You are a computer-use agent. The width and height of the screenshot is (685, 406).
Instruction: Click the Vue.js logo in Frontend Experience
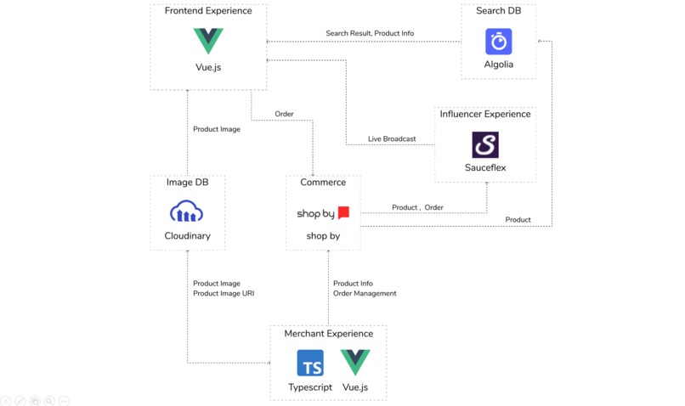208,40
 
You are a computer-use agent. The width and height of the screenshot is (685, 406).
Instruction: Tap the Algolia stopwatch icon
498,41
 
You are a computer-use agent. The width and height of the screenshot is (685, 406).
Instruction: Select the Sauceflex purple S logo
485,144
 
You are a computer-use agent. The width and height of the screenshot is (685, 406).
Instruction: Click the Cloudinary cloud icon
187,211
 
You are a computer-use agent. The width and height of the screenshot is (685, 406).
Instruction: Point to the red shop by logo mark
343,213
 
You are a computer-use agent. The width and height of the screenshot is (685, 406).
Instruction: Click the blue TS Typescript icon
309,364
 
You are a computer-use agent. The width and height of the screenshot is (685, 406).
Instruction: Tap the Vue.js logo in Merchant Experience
355,363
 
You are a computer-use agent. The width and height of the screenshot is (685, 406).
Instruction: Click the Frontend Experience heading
208,11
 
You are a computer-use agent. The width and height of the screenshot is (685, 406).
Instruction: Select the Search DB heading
498,11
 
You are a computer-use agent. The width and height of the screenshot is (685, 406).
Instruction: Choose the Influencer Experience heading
485,114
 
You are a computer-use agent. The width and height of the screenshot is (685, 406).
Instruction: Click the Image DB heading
187,182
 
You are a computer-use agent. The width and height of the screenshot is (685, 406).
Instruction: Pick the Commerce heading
323,182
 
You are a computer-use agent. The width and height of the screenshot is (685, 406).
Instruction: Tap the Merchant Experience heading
328,334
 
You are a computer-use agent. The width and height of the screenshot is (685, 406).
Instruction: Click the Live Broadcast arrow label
392,138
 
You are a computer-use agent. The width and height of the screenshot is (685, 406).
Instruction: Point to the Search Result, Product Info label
370,34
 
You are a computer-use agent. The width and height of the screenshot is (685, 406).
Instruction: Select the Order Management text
365,294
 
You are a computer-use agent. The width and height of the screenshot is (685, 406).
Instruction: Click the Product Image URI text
224,294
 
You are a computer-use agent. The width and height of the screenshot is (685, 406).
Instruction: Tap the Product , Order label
417,207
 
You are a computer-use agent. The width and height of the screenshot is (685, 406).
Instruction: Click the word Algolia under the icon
498,65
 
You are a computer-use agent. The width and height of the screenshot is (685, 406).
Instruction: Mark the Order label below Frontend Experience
284,114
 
